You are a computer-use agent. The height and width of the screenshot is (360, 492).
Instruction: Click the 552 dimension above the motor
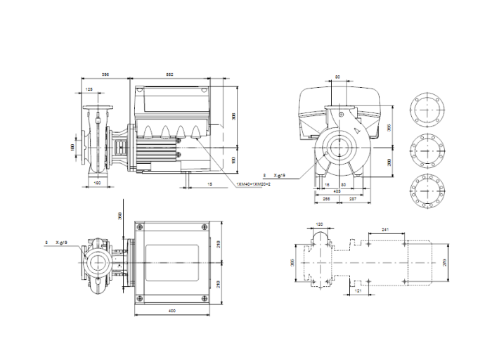(170, 75)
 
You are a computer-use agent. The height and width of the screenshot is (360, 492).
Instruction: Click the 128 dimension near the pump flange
(89, 91)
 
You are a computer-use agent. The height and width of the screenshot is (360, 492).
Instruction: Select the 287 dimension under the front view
(351, 199)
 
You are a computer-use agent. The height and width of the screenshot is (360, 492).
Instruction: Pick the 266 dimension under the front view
(326, 199)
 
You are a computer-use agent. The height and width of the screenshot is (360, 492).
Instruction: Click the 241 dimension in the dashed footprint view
(384, 229)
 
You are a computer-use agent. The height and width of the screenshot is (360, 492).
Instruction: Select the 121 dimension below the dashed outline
(358, 290)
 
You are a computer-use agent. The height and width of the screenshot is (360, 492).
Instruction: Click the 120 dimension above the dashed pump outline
(320, 225)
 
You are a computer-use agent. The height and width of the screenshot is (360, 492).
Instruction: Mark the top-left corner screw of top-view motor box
(140, 226)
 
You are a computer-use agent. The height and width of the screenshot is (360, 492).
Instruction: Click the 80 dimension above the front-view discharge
(337, 77)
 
